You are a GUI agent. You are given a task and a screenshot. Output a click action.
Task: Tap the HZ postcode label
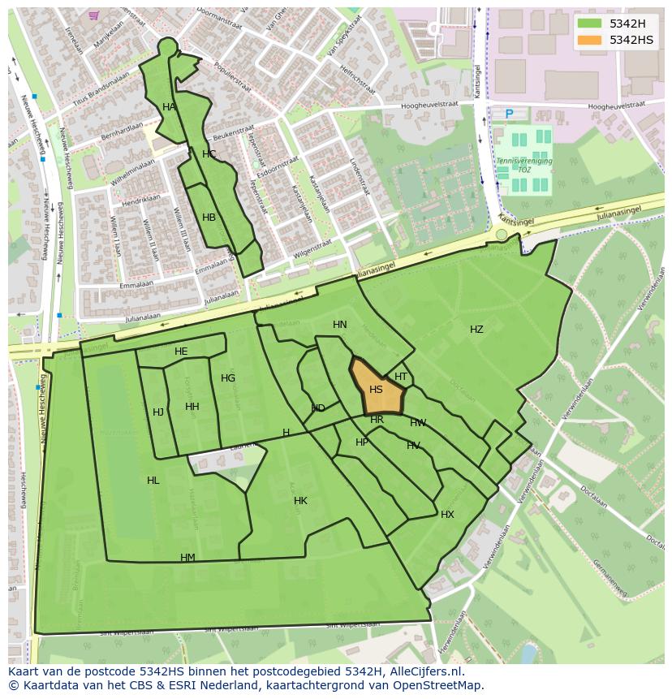click(x=476, y=330)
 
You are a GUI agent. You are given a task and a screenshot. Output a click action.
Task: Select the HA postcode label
click(x=169, y=107)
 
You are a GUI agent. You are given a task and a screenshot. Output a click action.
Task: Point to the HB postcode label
click(x=209, y=218)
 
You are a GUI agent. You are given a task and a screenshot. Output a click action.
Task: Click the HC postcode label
click(x=209, y=154)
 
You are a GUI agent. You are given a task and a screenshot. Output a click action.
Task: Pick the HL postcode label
click(x=153, y=481)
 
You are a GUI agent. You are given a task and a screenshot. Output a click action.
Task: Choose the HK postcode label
click(x=300, y=501)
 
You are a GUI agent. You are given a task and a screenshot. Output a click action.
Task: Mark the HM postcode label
click(x=187, y=558)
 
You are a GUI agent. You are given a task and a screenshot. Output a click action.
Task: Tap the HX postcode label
click(x=447, y=515)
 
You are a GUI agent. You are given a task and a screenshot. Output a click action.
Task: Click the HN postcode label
click(x=339, y=325)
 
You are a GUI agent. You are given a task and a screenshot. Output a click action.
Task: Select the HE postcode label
click(x=181, y=352)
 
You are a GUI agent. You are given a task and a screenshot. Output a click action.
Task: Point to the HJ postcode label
click(x=158, y=412)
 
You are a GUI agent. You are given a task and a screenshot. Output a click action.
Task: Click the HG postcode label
click(x=228, y=378)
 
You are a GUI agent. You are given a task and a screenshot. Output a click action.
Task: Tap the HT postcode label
click(x=401, y=377)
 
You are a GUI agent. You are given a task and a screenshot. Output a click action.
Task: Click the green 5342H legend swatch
click(x=590, y=24)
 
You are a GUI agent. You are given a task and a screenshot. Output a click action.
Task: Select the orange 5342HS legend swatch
click(x=590, y=40)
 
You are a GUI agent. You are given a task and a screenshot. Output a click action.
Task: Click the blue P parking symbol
click(x=510, y=114)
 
